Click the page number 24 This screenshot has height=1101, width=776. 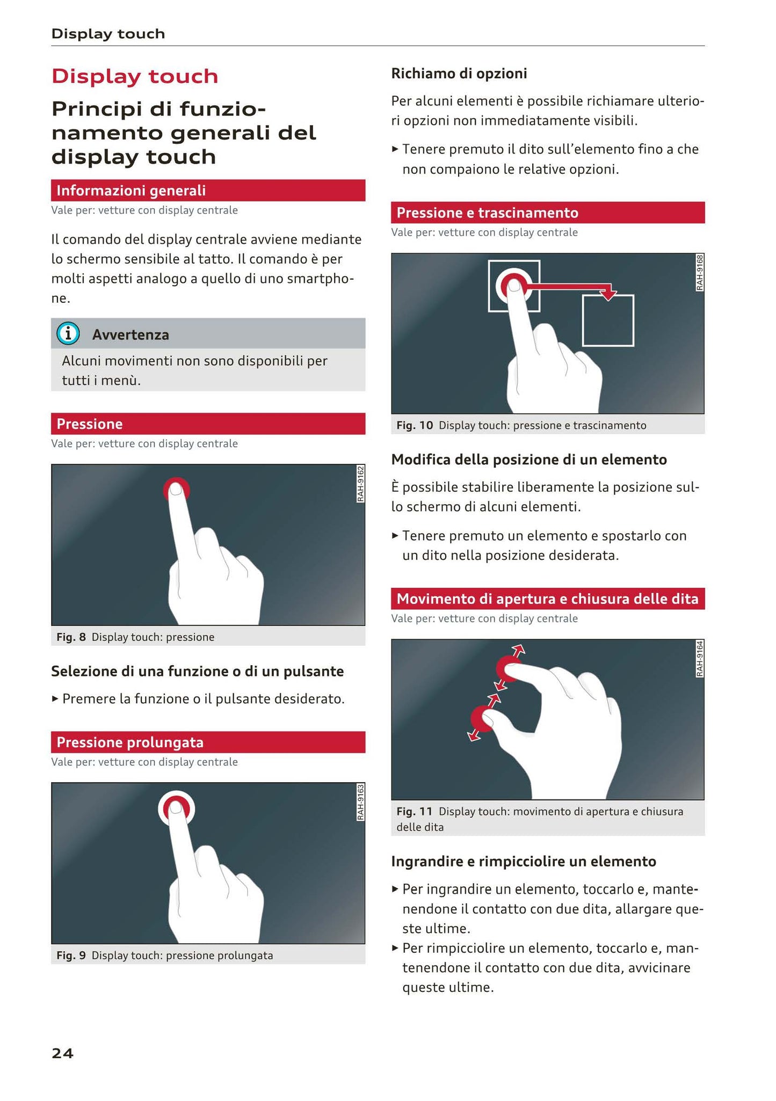[62, 1053]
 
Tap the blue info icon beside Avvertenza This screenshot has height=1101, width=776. [68, 334]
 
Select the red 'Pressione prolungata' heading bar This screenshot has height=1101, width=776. [208, 742]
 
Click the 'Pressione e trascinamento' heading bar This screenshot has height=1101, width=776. [548, 213]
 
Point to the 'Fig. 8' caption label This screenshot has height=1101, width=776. [71, 637]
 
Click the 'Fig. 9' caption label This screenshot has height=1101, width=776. [71, 955]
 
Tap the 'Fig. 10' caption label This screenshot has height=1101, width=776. [415, 425]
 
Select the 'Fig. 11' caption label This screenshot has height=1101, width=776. [414, 811]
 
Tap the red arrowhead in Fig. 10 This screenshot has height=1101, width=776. [608, 295]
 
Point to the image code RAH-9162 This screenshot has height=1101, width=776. [360, 484]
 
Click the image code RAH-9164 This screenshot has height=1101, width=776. [700, 659]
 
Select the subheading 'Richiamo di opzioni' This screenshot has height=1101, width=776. [459, 73]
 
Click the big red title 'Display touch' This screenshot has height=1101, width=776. [135, 76]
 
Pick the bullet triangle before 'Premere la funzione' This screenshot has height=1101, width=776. [55, 699]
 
